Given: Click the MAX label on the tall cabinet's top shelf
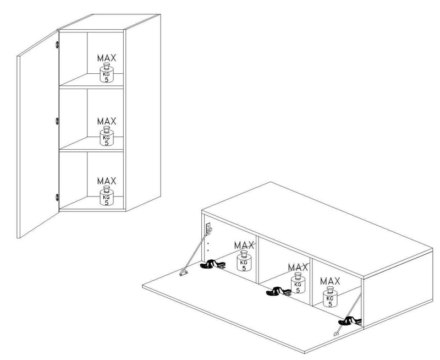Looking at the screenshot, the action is pos(107,58).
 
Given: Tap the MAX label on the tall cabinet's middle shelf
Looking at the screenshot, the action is pos(107,121).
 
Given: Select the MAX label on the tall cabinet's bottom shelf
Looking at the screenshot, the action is pos(107,181).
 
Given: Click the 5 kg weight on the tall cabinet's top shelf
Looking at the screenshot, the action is pos(107,73).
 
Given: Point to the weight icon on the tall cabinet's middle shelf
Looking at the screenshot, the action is pos(107,136).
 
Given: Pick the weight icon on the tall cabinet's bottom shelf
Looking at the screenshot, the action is pos(107,195).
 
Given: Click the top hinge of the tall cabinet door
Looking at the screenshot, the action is pos(57,45).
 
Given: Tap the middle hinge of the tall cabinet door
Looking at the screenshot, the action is pos(57,121).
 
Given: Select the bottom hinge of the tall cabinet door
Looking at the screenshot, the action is pos(57,197).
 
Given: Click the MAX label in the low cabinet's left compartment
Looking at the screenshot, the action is pos(244,246).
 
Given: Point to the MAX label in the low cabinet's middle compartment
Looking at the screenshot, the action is pos(298,267).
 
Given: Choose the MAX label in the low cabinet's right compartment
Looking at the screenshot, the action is pos(330,281).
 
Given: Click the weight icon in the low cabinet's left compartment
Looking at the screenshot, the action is pos(244,261).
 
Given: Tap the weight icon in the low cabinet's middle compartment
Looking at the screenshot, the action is pos(298,283).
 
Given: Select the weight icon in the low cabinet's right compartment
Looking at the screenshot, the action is pos(330,297).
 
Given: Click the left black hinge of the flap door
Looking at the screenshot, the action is pos(212,264).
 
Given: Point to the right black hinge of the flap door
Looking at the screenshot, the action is pos(350,321).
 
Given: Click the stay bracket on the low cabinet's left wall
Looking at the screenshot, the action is pos(209,228).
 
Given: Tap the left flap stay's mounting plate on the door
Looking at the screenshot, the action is pos(184,272).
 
